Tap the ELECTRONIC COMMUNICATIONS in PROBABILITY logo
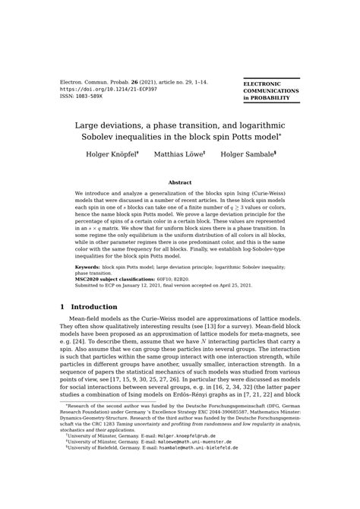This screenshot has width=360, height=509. click(x=270, y=90)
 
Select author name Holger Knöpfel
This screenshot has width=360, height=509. click(x=111, y=154)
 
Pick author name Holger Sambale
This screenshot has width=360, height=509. click(x=248, y=154)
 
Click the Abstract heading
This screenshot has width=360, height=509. click(x=180, y=183)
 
